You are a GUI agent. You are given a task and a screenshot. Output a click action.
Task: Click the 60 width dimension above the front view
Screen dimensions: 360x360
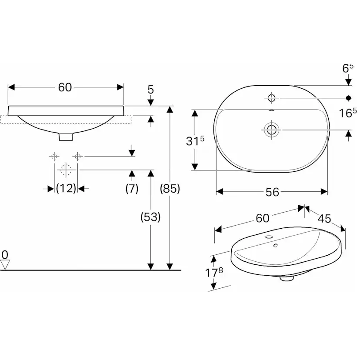[65, 87]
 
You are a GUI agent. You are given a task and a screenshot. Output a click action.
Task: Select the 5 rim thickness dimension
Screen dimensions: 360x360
[151, 90]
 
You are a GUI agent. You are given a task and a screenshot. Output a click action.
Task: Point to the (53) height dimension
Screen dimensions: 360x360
[150, 217]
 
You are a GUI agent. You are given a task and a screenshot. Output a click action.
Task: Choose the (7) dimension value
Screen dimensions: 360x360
[131, 189]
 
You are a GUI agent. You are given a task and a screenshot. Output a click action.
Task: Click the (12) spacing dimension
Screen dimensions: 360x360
[66, 188]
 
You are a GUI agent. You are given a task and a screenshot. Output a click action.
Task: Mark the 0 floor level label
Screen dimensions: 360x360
[5, 254]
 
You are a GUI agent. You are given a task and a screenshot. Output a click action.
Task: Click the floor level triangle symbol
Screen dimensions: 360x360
[5, 264]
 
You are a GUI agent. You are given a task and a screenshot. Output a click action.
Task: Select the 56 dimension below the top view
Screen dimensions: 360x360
[272, 192]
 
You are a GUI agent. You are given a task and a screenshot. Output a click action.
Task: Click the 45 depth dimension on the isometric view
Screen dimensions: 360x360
[324, 218]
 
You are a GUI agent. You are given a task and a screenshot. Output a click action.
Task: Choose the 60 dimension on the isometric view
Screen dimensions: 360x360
[263, 218]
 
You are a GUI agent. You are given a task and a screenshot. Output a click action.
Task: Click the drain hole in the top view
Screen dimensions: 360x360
[272, 129]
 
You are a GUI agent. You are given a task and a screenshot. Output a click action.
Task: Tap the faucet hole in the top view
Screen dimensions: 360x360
[272, 97]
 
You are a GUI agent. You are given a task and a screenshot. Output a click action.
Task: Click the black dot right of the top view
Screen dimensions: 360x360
[348, 97]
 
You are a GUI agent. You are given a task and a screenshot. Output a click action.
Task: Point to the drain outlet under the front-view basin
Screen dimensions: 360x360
[66, 137]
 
